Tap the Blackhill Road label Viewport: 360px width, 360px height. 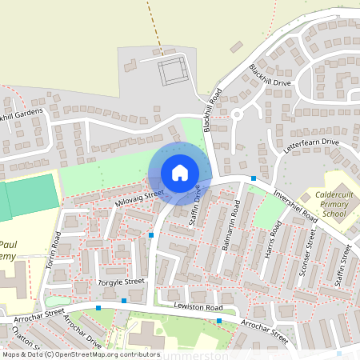[x=211, y=110]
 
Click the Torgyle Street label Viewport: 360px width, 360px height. [x=121, y=282]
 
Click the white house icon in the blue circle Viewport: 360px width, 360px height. [x=179, y=172]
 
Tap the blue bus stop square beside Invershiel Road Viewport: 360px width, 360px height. [x=254, y=178]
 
